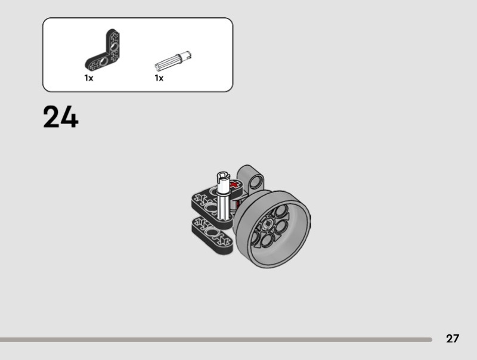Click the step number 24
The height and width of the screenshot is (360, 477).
coord(61,117)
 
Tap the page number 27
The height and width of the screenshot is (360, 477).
coord(453,339)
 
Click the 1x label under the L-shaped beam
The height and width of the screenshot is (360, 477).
coord(89,78)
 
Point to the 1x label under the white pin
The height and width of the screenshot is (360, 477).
coord(159,78)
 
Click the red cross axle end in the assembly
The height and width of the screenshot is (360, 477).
coord(234,184)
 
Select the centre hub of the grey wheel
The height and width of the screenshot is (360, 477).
coord(268,224)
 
